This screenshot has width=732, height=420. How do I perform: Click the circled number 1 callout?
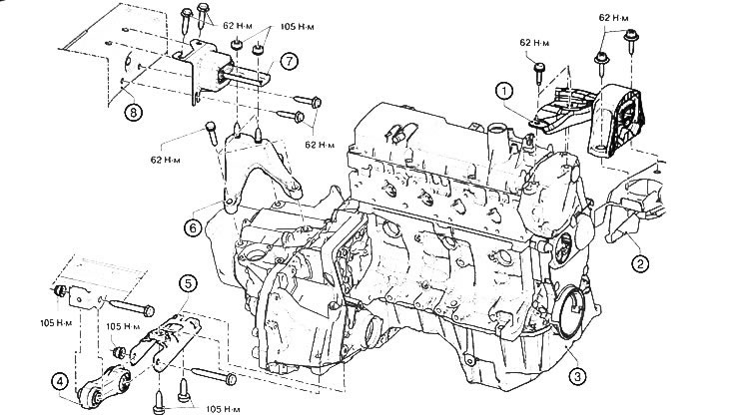[x=504, y=91]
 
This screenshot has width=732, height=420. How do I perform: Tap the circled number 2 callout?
[x=640, y=263]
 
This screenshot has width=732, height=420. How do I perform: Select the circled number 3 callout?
[x=577, y=376]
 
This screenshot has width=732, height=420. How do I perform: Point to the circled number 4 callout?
[x=60, y=382]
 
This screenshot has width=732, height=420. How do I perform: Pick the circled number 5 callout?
[x=188, y=283]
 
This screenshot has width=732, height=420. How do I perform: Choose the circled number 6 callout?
[x=194, y=227]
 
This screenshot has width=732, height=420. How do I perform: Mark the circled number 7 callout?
[x=289, y=62]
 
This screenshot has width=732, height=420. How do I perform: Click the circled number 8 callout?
[x=133, y=113]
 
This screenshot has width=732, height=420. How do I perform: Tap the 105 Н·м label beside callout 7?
[x=297, y=27]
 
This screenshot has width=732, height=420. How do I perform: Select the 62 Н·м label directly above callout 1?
[x=534, y=43]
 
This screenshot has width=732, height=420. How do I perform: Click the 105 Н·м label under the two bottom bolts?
[x=223, y=409]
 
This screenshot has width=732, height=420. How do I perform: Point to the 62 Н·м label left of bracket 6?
[x=165, y=160]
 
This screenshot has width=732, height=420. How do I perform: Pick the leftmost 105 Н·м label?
[x=56, y=323]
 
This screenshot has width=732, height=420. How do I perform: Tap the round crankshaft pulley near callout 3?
[x=571, y=311]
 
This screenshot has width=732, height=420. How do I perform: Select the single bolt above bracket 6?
[x=212, y=133]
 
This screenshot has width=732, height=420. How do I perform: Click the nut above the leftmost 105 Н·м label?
[x=59, y=291]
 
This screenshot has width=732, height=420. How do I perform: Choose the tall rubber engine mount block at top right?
[x=617, y=121]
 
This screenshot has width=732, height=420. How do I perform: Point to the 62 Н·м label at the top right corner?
[x=613, y=18]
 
